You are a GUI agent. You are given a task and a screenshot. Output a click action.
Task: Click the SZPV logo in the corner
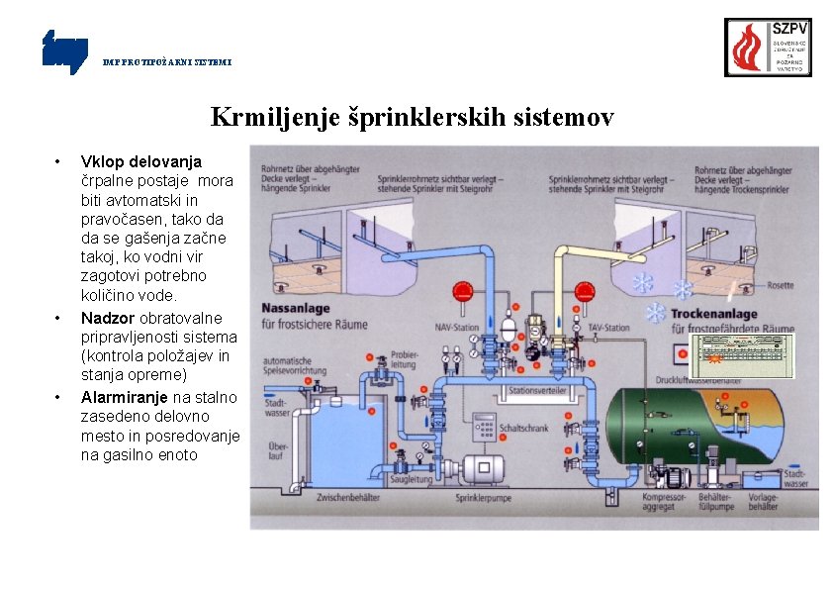pyautogui.click(x=768, y=47)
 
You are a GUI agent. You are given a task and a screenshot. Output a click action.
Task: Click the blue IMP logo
pyautogui.click(x=64, y=50)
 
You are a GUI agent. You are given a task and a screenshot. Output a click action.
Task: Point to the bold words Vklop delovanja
pyautogui.click(x=140, y=160)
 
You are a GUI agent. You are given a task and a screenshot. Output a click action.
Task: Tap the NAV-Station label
pyautogui.click(x=456, y=328)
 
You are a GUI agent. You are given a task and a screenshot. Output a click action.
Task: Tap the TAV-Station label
pyautogui.click(x=608, y=327)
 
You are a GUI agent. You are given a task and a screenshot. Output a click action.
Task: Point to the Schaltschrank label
pyautogui.click(x=523, y=429)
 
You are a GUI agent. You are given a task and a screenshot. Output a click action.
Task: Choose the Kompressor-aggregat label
pyautogui.click(x=664, y=501)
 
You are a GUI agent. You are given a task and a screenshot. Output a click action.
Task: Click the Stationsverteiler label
pyautogui.click(x=537, y=391)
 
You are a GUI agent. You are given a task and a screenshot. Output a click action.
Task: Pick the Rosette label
pyautogui.click(x=780, y=285)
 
